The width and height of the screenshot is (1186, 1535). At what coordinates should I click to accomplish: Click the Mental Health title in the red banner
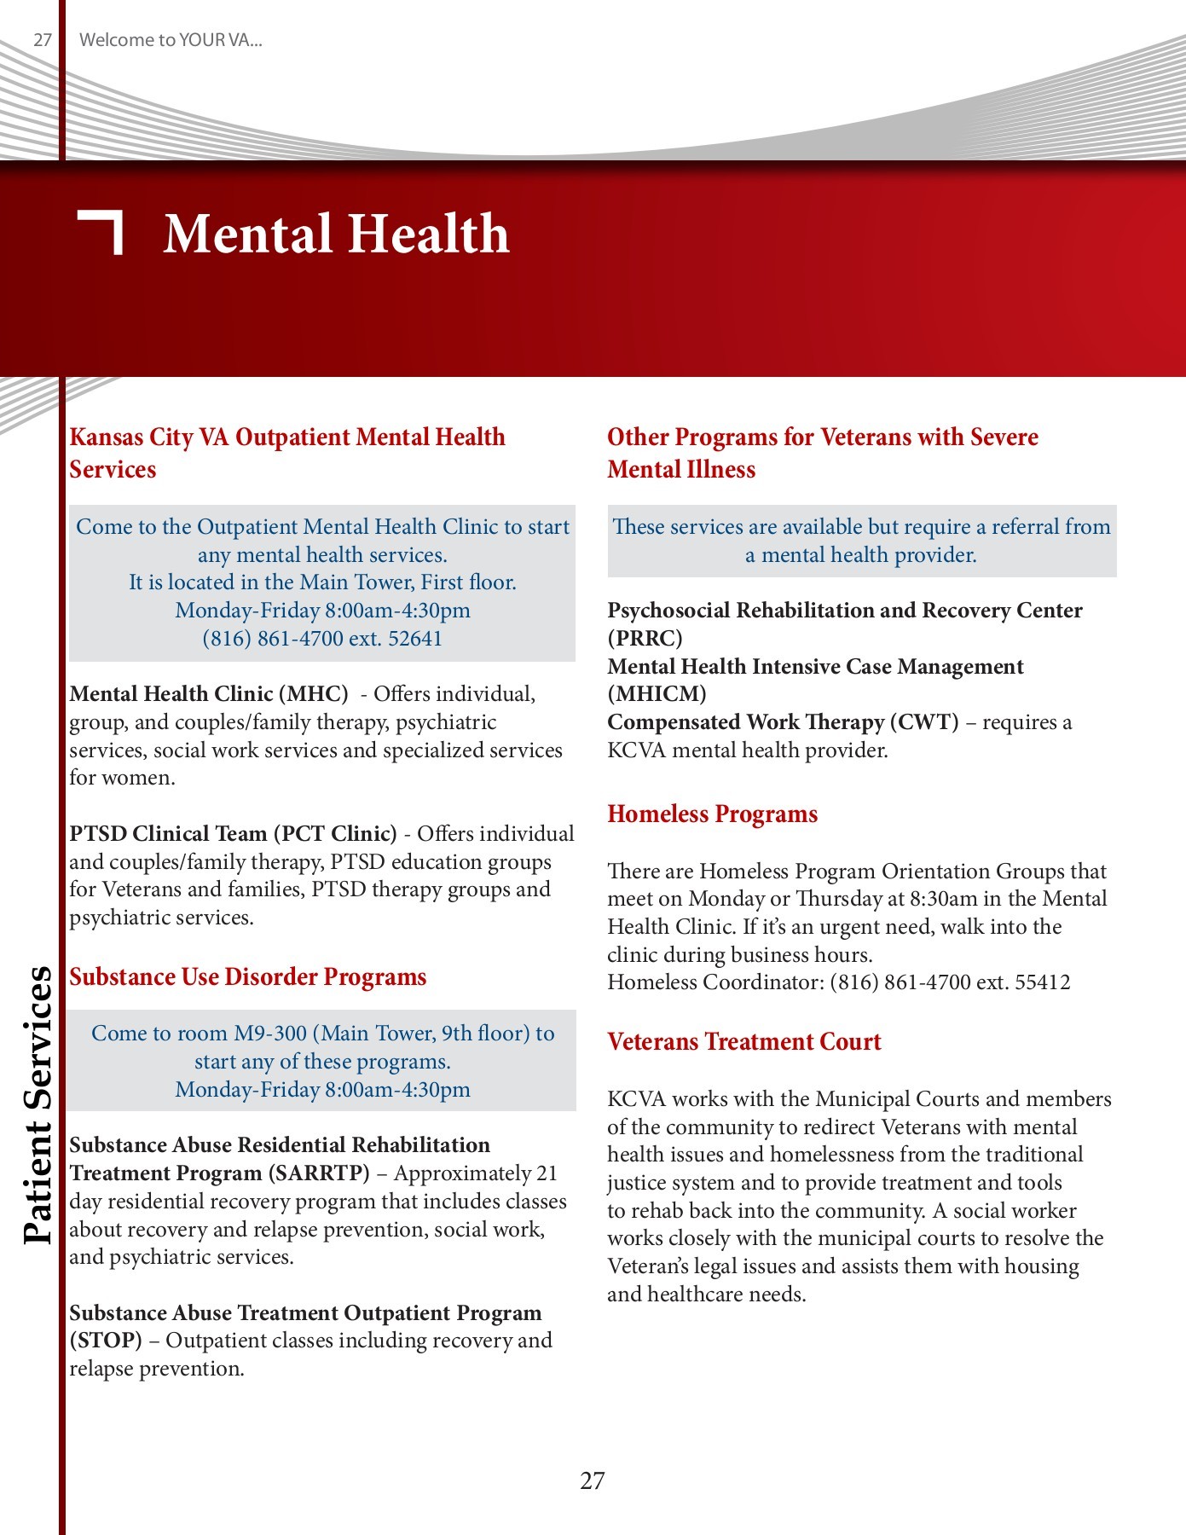point(336,234)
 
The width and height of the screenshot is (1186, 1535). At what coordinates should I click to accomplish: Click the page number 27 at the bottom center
point(593,1480)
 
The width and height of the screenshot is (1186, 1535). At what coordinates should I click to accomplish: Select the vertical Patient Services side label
point(38,1104)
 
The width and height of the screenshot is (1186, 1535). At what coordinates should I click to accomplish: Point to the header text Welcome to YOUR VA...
point(171,40)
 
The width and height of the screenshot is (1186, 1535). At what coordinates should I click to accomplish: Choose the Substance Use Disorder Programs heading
point(247,977)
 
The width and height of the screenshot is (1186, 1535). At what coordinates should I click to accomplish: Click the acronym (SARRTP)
point(319,1173)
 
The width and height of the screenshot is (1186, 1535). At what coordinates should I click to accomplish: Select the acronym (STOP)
point(106,1341)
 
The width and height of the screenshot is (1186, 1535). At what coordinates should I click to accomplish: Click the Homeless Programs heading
point(712,814)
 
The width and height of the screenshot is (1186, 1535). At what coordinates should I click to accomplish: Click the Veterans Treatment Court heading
point(743,1042)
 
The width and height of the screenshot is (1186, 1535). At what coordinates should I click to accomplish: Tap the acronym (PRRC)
point(645,639)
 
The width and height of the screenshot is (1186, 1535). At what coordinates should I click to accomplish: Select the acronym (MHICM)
point(657,694)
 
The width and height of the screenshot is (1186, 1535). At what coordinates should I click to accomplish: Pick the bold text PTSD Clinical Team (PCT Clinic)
point(233,834)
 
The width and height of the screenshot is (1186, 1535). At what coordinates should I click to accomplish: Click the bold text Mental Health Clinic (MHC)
point(208,694)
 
